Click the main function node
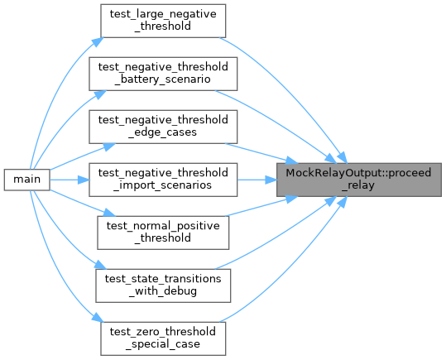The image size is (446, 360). point(27,180)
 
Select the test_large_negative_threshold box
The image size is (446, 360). point(163,21)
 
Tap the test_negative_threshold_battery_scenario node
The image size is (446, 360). point(163,74)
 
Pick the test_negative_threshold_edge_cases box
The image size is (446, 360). point(163,127)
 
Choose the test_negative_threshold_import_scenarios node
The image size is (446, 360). point(163,180)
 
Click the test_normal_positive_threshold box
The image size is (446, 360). point(163,233)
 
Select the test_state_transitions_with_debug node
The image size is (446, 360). point(163,286)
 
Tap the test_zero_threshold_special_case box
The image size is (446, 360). point(163,338)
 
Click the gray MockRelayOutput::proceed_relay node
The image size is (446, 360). point(359,180)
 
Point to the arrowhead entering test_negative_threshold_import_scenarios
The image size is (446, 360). point(84,180)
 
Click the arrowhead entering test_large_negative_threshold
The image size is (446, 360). point(98,41)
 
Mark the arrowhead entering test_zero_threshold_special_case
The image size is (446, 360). point(98,318)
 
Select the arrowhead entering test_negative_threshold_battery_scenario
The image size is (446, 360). point(100,94)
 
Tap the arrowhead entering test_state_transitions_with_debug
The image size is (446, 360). point(100,265)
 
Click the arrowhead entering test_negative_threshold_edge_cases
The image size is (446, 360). point(109,146)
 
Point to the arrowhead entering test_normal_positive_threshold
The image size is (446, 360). point(109,213)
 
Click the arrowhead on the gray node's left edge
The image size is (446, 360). point(271,180)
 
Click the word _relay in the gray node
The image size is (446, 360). point(359,185)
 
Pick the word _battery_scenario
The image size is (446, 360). point(162,79)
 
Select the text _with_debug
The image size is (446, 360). point(163,291)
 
